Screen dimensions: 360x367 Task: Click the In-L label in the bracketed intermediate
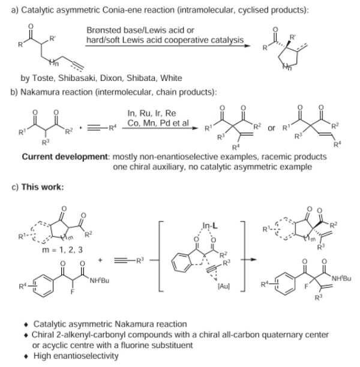210,225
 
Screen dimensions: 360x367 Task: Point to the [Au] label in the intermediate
224,286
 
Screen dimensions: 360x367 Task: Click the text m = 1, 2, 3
62,249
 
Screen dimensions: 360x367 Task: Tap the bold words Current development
65,157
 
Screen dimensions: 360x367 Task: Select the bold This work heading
43,187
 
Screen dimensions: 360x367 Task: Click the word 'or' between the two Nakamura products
271,128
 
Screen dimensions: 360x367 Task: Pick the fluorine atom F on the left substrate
73,291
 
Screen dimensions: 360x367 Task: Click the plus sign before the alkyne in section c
100,260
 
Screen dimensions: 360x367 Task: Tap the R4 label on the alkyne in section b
112,128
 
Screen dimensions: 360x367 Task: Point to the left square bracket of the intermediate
160,256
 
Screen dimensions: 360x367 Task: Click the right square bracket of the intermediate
244,256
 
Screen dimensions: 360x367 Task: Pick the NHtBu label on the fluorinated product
341,278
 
